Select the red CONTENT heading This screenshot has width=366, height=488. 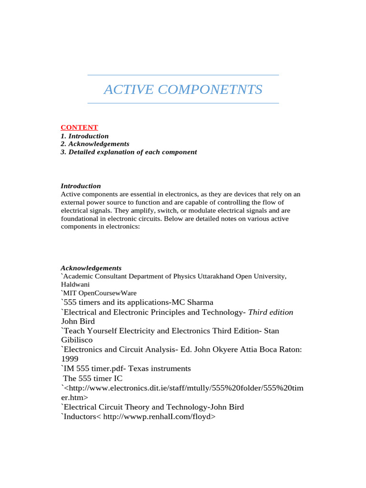pyautogui.click(x=79, y=127)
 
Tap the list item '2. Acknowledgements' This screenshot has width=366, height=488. pyautogui.click(x=95, y=144)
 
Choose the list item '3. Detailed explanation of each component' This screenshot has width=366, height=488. pyautogui.click(x=129, y=152)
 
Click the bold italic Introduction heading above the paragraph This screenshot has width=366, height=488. pyautogui.click(x=81, y=186)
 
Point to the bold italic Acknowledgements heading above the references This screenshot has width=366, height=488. pyautogui.click(x=91, y=268)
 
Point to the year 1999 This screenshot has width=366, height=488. pyautogui.click(x=70, y=359)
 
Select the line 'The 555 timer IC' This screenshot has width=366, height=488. pyautogui.click(x=92, y=378)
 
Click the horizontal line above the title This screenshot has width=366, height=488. pyautogui.click(x=183, y=75)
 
